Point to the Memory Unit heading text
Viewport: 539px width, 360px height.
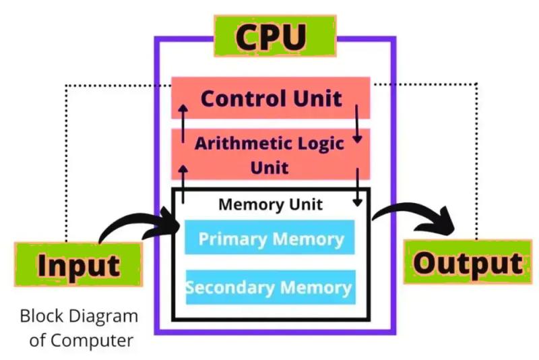point(270,204)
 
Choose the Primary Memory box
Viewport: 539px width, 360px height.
point(270,239)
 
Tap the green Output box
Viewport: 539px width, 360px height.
point(467,263)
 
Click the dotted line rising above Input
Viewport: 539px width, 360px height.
point(65,162)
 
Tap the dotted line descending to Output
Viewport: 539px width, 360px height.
point(476,162)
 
